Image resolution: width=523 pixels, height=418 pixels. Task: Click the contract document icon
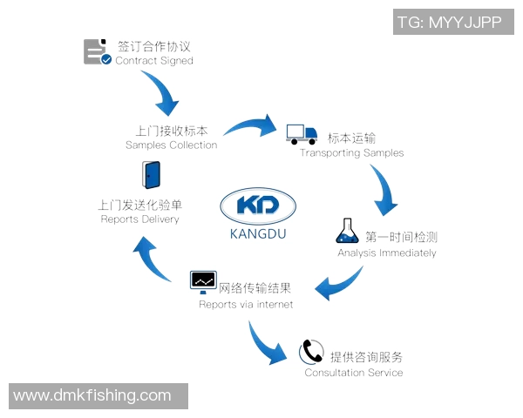pyautogui.click(x=97, y=52)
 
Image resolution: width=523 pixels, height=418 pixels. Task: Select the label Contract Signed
pyautogui.click(x=154, y=62)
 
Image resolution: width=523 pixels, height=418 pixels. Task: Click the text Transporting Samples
pyautogui.click(x=352, y=153)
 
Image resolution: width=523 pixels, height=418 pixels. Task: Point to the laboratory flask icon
pyautogui.click(x=347, y=231)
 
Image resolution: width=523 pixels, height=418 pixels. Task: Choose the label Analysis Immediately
pyautogui.click(x=387, y=253)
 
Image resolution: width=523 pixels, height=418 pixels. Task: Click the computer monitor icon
pyautogui.click(x=203, y=281)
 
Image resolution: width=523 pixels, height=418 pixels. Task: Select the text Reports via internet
pyautogui.click(x=246, y=305)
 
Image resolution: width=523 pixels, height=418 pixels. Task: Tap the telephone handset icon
pyautogui.click(x=311, y=351)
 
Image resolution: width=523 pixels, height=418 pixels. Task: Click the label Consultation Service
pyautogui.click(x=354, y=373)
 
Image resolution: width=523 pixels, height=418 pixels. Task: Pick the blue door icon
pyautogui.click(x=151, y=175)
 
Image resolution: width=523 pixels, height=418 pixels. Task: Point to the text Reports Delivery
pyautogui.click(x=139, y=219)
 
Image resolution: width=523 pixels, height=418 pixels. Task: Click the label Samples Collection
pyautogui.click(x=172, y=145)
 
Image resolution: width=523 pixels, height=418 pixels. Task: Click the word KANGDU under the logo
pyautogui.click(x=259, y=234)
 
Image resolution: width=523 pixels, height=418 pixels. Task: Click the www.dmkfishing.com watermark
pyautogui.click(x=92, y=395)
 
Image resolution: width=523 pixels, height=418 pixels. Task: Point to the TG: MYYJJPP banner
pyautogui.click(x=450, y=23)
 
